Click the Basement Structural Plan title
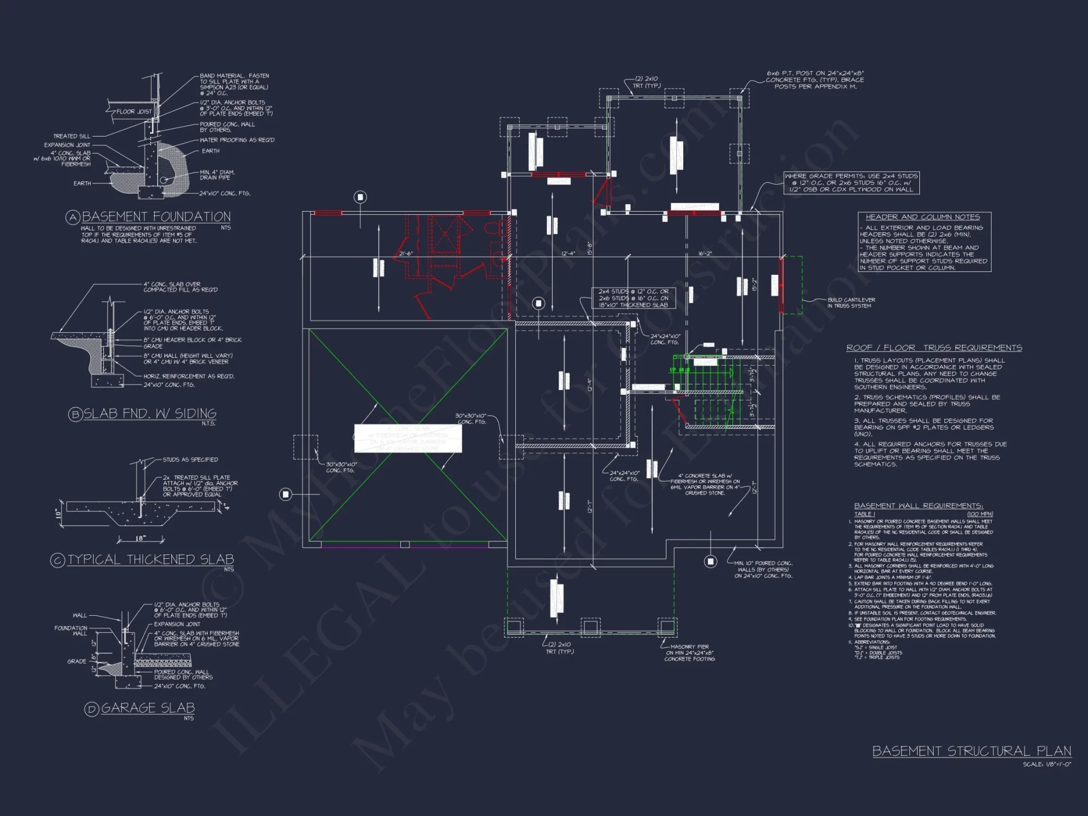click(972, 751)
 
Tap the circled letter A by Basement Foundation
click(73, 218)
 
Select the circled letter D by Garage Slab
click(92, 709)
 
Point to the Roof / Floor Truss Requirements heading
click(934, 348)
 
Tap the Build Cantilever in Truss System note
click(851, 303)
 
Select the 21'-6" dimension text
click(406, 254)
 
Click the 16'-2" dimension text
click(705, 254)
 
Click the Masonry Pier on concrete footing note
click(689, 653)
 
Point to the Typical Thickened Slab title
click(151, 560)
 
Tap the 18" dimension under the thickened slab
click(140, 539)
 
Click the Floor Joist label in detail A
click(134, 112)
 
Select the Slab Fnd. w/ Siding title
click(150, 414)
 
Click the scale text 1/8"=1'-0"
click(1047, 764)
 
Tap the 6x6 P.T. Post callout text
click(815, 80)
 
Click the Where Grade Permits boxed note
click(851, 183)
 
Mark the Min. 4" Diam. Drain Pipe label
click(217, 175)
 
